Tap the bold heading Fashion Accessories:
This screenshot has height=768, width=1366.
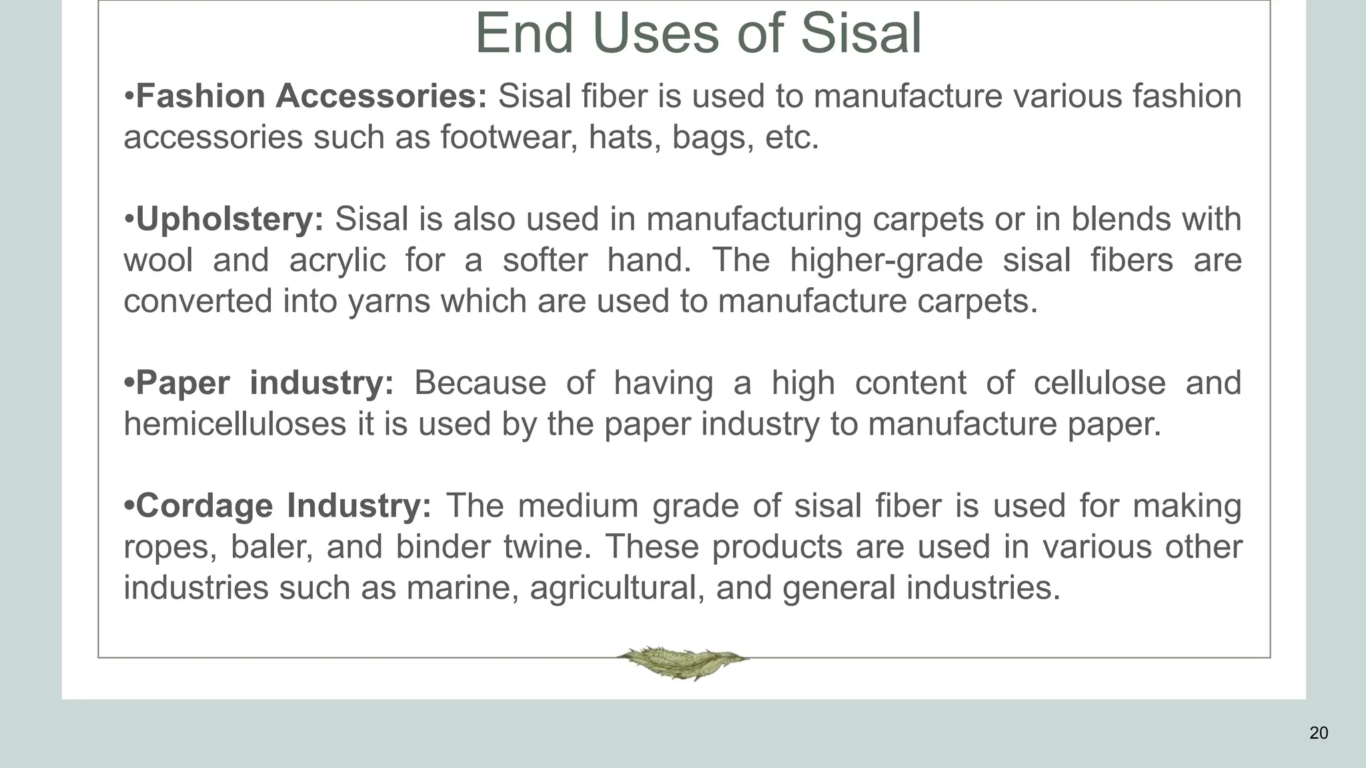coord(311,96)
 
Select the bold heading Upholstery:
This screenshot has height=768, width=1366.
coord(229,219)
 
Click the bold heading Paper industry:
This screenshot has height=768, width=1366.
coord(265,383)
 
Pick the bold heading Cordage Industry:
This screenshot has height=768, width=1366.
coord(283,506)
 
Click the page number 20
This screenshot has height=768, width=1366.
coord(1318,733)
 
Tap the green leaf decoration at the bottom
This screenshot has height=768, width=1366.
coord(682,662)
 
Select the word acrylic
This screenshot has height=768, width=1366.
coord(337,260)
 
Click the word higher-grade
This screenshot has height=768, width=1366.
coord(886,260)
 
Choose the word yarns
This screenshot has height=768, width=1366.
coord(390,301)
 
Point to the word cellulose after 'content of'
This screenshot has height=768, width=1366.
coord(1099,383)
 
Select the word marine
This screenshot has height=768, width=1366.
coord(462,588)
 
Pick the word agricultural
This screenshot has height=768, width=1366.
coord(617,588)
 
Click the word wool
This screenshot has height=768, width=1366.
coord(158,260)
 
